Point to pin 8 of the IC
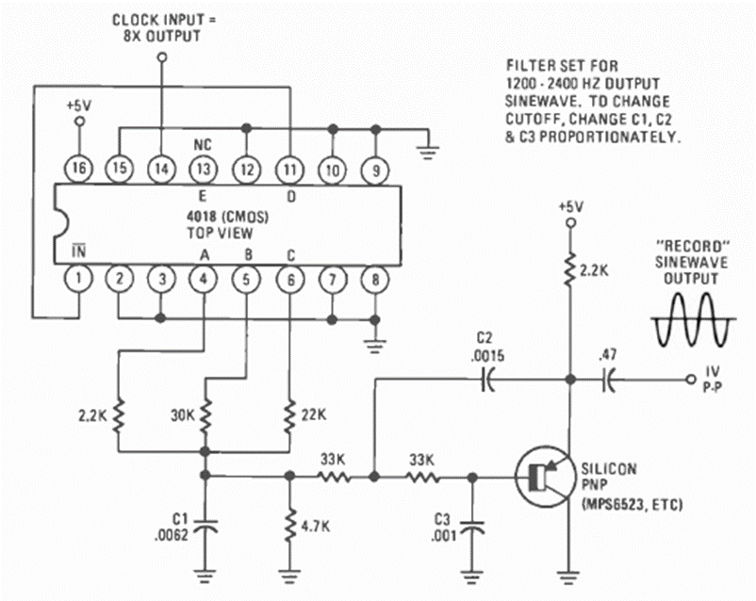point(376,279)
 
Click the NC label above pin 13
point(203,146)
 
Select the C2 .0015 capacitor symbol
point(487,380)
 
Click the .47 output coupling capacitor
point(610,380)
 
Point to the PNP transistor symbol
point(542,478)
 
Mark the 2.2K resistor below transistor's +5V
point(569,270)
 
